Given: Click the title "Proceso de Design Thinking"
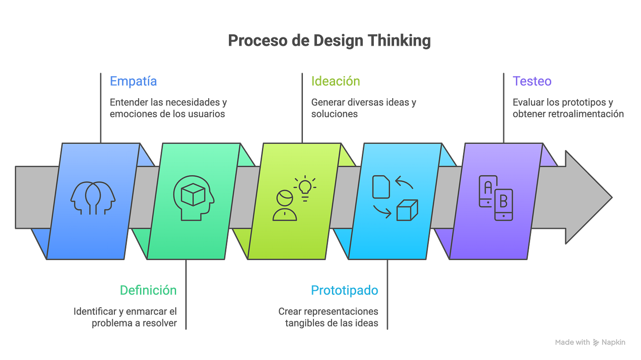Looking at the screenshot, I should [x=329, y=41].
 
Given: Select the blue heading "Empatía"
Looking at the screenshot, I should [x=133, y=81].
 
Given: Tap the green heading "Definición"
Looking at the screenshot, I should [x=148, y=290].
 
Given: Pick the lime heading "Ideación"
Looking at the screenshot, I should [x=335, y=81].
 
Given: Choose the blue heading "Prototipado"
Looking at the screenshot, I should [x=344, y=290].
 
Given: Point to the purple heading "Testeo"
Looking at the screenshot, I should [x=532, y=81].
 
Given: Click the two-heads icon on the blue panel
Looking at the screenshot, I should [x=93, y=198].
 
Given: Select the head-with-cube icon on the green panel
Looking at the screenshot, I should [x=193, y=197].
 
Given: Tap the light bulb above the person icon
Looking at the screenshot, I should [x=304, y=187].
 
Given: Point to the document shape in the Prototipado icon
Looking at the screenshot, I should [x=381, y=187].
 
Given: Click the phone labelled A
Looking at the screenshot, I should [x=488, y=191].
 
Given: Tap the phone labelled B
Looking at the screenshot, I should [x=504, y=204].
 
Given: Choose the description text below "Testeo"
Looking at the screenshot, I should [x=568, y=108].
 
